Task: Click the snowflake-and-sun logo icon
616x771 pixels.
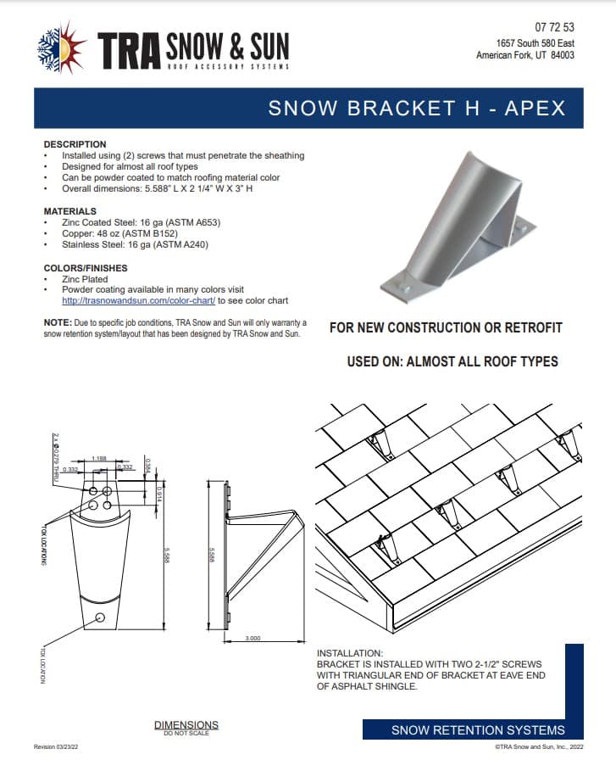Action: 60,49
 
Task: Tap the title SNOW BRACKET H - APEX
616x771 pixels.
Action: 416,108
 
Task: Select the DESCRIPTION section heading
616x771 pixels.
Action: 75,144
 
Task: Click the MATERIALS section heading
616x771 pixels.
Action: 69,211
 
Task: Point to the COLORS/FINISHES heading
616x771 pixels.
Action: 85,268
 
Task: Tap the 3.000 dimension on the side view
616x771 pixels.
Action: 253,638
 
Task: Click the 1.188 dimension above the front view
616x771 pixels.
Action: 99,458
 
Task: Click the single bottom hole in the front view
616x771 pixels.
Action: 101,617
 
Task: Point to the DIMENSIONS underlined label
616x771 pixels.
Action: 186,724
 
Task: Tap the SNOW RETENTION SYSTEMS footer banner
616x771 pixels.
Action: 477,730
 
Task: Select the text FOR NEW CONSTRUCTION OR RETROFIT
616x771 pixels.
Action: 446,327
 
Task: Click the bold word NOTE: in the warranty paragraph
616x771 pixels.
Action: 58,323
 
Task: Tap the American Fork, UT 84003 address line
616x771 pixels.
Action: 525,55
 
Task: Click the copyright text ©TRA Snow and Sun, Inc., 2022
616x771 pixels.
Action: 539,747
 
